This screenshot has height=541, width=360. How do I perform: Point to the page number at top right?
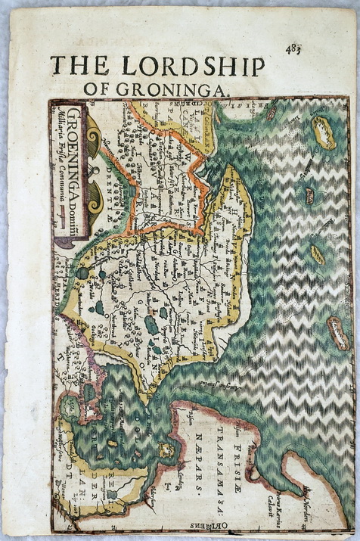293,49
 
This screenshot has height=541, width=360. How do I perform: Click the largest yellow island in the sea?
324,133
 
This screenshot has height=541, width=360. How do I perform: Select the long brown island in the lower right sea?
337,333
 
